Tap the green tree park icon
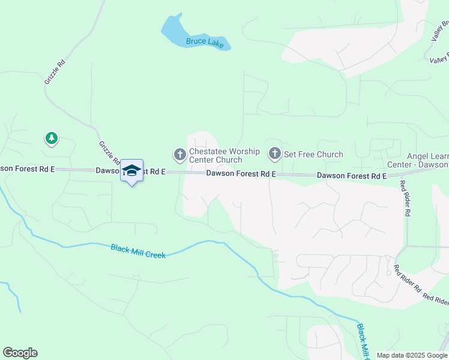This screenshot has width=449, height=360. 52,139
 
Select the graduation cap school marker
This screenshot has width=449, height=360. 131,170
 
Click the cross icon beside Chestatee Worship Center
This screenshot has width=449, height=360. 179,155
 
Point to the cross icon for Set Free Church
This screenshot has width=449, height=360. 275,154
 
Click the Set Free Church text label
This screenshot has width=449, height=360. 313,154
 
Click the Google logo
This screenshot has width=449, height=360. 20,353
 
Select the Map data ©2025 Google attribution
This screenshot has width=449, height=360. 412,355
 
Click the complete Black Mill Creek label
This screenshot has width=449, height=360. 137,251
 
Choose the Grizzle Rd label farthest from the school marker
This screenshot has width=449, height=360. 53,71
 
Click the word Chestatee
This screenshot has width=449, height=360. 208,151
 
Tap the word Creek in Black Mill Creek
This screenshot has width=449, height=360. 155,254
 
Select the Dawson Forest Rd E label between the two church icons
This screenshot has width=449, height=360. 241,173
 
